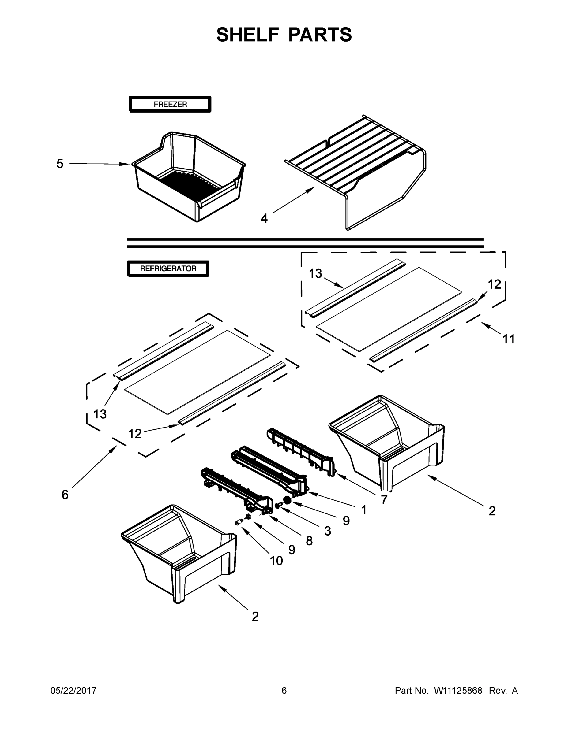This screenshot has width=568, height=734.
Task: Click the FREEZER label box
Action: pyautogui.click(x=170, y=104)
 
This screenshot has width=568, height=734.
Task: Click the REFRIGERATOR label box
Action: pyautogui.click(x=168, y=269)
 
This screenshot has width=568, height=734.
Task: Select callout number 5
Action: pyautogui.click(x=60, y=164)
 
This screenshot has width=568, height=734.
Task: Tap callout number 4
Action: pyautogui.click(x=264, y=218)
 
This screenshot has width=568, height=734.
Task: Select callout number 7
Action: pyautogui.click(x=384, y=500)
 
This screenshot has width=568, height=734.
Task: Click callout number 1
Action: pyautogui.click(x=364, y=510)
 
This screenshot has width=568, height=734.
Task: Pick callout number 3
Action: pyautogui.click(x=328, y=531)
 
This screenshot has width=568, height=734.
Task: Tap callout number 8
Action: pyautogui.click(x=309, y=541)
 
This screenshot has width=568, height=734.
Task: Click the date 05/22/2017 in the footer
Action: pyautogui.click(x=73, y=691)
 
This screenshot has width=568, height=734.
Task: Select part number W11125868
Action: pyautogui.click(x=458, y=691)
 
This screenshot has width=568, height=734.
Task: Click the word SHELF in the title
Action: pyautogui.click(x=247, y=35)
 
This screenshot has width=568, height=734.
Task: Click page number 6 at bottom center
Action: pyautogui.click(x=284, y=691)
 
